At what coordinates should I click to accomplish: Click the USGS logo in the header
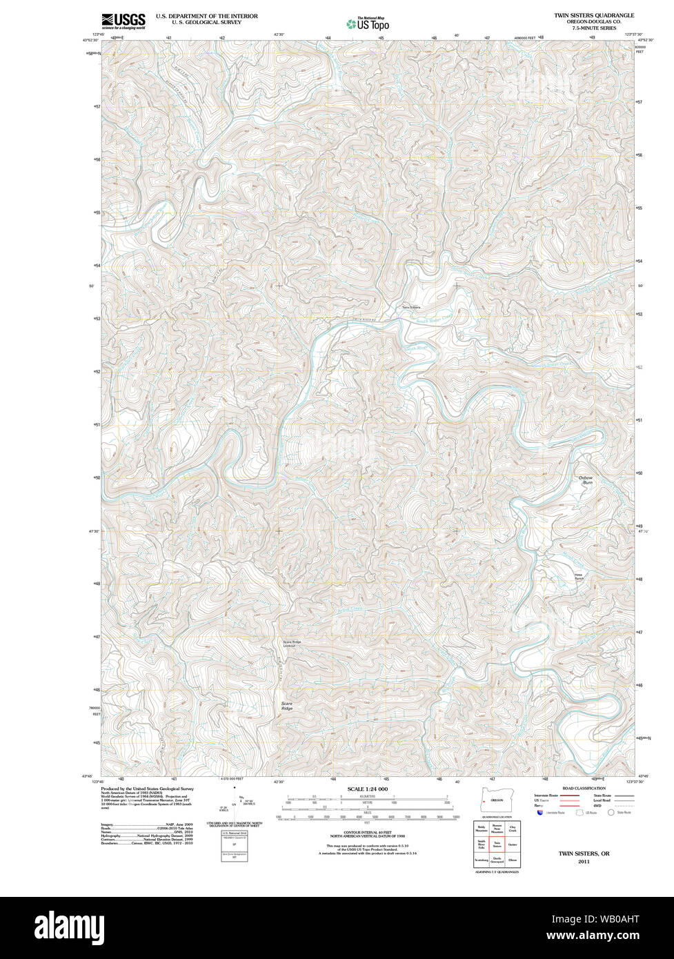[x=123, y=21]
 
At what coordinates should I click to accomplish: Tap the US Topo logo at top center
[x=368, y=24]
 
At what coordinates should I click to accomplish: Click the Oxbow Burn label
[x=586, y=480]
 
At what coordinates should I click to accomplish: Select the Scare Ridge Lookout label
[x=293, y=643]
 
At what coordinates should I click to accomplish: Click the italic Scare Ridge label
[x=287, y=706]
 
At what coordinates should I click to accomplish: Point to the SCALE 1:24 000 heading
[x=367, y=789]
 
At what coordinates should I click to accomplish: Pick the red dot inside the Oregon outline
[x=485, y=800]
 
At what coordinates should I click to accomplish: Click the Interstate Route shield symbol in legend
[x=539, y=813]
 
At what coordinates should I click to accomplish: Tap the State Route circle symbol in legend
[x=611, y=813]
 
